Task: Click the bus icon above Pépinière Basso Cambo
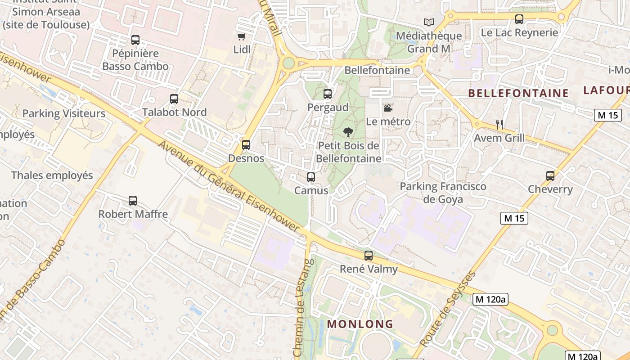pyautogui.click(x=135, y=40)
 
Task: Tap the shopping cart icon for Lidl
pyautogui.click(x=242, y=36)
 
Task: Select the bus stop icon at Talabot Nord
pyautogui.click(x=174, y=99)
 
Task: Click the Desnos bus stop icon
pyautogui.click(x=246, y=145)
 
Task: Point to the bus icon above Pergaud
pyautogui.click(x=328, y=94)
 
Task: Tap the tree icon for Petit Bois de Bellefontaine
pyautogui.click(x=348, y=132)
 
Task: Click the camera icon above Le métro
pyautogui.click(x=387, y=108)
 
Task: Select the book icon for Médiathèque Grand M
pyautogui.click(x=429, y=22)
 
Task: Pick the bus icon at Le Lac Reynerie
pyautogui.click(x=519, y=19)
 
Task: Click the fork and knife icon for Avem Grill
pyautogui.click(x=499, y=124)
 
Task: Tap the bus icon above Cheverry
pyautogui.click(x=550, y=176)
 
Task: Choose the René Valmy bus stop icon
pyautogui.click(x=369, y=256)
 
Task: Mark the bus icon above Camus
pyautogui.click(x=311, y=177)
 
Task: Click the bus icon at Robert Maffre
pyautogui.click(x=132, y=201)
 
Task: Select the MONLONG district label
pyautogui.click(x=360, y=324)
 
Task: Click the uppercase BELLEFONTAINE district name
pyautogui.click(x=518, y=93)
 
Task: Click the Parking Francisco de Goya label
pyautogui.click(x=443, y=193)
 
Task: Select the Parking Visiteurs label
pyautogui.click(x=64, y=113)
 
